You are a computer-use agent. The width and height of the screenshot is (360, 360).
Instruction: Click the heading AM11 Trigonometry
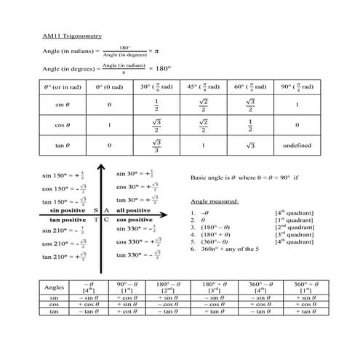click(x=71, y=35)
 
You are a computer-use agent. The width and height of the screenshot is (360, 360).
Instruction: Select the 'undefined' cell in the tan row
click(x=296, y=145)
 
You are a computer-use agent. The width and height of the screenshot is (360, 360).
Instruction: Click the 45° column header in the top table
click(x=203, y=87)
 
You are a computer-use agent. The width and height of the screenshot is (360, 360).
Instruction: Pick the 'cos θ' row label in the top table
click(x=61, y=125)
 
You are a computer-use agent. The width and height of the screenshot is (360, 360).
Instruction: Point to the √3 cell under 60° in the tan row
click(x=249, y=145)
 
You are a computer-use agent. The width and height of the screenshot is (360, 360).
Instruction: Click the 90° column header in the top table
click(x=296, y=87)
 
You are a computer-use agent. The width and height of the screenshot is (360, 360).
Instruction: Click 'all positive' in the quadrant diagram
click(x=132, y=209)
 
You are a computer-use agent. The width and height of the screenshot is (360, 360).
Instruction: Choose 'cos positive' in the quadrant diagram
click(x=135, y=219)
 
